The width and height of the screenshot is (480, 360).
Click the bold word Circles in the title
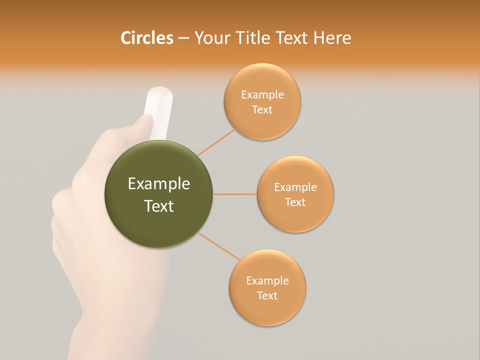146,38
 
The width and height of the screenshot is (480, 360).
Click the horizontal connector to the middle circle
234,194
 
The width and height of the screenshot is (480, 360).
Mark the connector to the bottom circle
219,246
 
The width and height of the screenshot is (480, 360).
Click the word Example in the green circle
158,184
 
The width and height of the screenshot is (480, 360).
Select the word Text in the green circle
158,206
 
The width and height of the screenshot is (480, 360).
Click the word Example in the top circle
262,95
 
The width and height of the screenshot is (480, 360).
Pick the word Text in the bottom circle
267,295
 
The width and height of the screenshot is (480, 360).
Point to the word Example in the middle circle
295,187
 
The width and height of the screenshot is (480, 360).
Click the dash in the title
183,38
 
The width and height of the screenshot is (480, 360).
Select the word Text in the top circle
262,110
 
